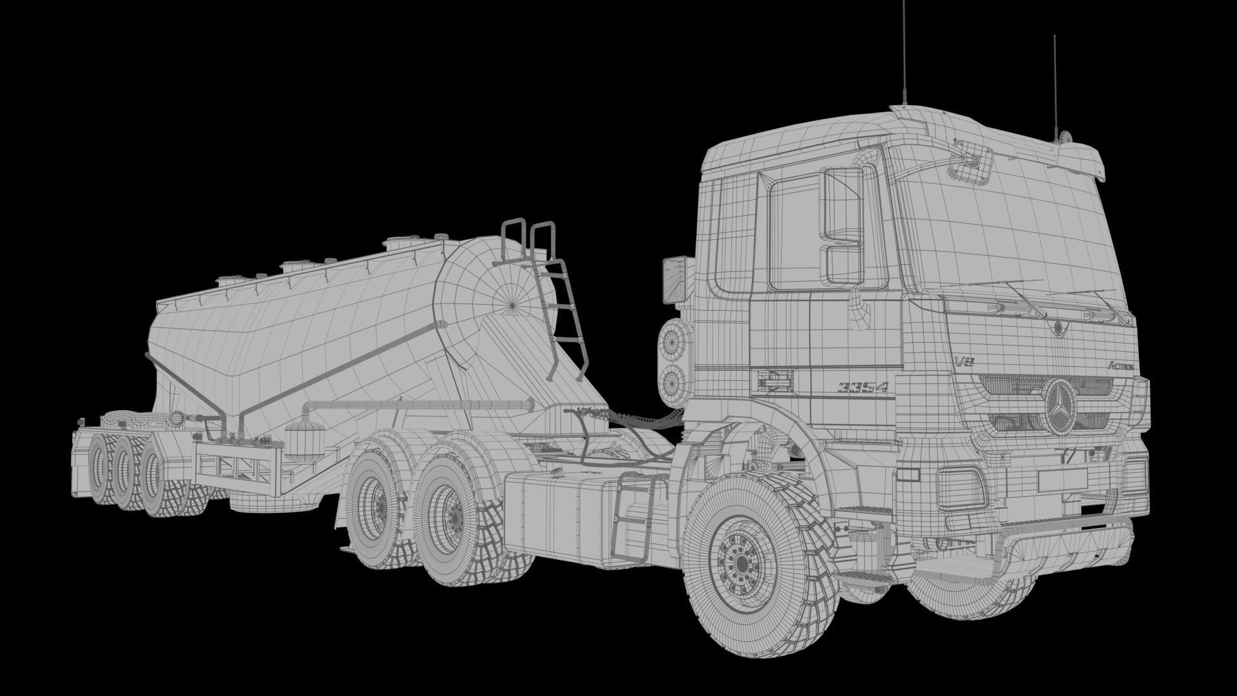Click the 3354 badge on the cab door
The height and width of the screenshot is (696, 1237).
tap(863, 387)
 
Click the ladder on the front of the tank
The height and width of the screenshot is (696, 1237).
tap(555, 303)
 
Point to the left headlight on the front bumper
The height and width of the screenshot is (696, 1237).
tap(961, 487)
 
